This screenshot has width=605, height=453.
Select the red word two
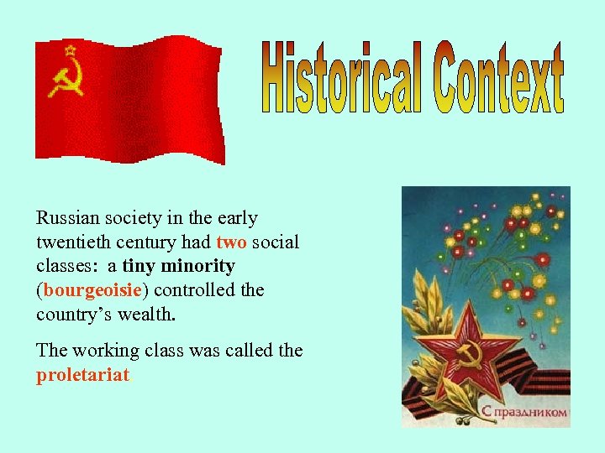coord(232,242)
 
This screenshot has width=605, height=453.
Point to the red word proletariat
coord(82,375)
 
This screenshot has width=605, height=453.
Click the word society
coord(133,218)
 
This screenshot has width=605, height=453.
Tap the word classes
coord(65,267)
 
